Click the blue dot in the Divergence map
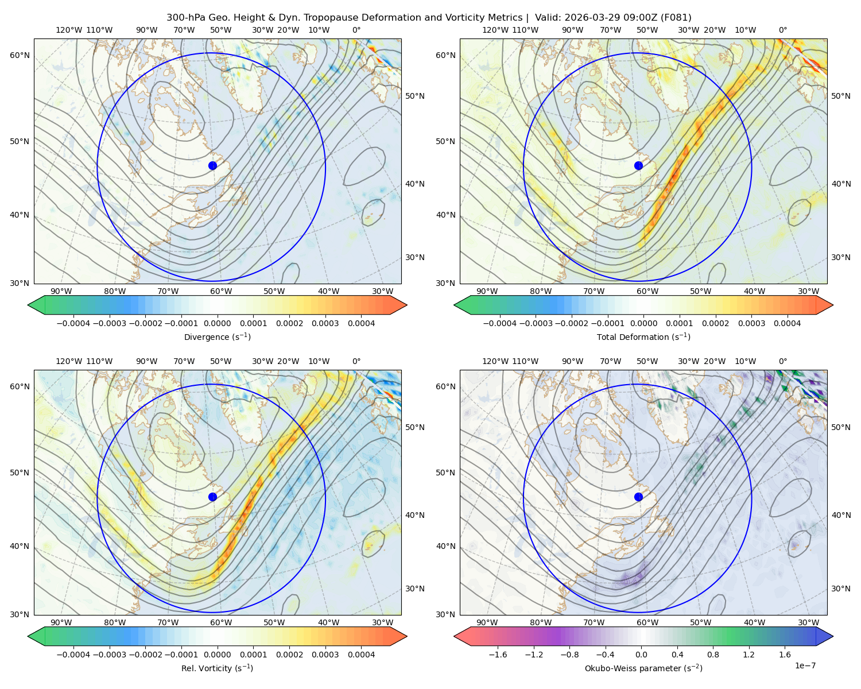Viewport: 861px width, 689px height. click(x=212, y=166)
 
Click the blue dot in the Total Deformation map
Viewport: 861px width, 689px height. click(x=638, y=166)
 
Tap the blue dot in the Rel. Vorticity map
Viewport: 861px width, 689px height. click(x=212, y=497)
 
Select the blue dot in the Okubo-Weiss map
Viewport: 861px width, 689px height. click(x=638, y=497)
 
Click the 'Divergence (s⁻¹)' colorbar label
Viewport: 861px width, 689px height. click(x=217, y=336)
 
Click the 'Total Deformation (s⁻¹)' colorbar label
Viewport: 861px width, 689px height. click(x=643, y=336)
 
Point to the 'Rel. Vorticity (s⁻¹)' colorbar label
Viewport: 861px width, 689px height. click(x=217, y=668)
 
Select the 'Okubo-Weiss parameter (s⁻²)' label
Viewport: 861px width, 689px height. click(x=643, y=668)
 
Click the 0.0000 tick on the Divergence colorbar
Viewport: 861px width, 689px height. click(x=217, y=323)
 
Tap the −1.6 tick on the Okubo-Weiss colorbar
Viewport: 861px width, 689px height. click(x=498, y=655)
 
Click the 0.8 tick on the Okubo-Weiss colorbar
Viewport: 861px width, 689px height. click(x=713, y=655)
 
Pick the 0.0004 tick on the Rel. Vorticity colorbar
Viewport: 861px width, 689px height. click(x=361, y=655)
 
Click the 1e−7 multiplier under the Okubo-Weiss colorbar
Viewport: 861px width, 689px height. click(x=805, y=665)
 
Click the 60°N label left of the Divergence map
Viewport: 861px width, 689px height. click(x=20, y=55)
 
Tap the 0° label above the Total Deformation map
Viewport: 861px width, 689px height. click(x=783, y=30)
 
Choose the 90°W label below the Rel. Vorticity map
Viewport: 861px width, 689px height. click(x=61, y=622)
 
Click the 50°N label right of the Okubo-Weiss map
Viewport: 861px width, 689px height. click(x=841, y=427)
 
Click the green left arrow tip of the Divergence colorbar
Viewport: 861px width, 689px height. click(x=28, y=305)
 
